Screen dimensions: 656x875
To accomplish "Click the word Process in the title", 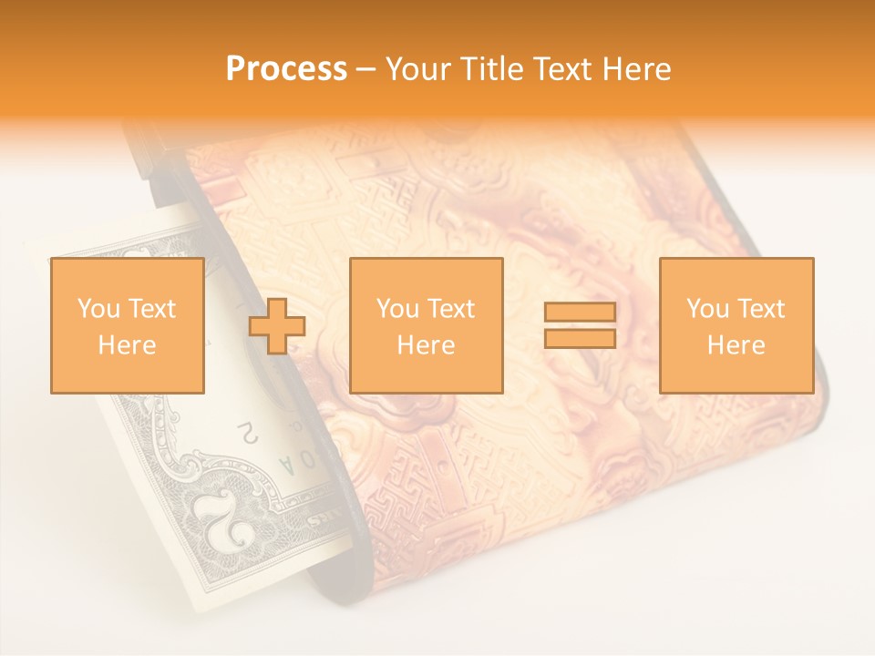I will click(x=286, y=69).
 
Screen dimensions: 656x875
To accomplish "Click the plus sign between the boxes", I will click(x=277, y=326).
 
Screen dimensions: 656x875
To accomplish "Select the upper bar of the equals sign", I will click(x=580, y=313).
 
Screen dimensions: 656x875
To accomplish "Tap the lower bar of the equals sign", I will click(x=580, y=338).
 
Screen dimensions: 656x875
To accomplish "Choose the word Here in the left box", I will click(x=127, y=345).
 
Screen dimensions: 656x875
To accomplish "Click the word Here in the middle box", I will click(x=426, y=345).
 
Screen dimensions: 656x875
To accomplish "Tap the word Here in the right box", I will click(x=736, y=345).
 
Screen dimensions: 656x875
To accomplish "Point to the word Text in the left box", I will click(x=151, y=309).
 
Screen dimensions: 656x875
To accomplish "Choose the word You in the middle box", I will click(x=398, y=309).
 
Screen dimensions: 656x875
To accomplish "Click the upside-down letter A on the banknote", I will click(x=288, y=466).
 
